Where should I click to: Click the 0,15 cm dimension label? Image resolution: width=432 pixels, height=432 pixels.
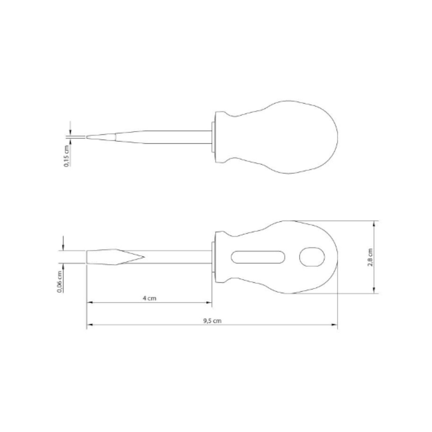66,156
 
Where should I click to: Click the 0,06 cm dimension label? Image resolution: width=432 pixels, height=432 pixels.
59,282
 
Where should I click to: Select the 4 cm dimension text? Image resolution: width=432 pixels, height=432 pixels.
149,298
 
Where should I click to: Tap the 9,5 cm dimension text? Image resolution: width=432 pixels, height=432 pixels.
212,321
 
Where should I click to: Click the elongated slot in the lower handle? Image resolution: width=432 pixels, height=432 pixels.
258,257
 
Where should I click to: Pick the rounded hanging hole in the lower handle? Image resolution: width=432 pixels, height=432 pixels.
312,257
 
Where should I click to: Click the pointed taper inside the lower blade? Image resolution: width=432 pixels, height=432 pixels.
130,257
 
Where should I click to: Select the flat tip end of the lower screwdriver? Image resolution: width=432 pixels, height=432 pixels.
87,257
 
